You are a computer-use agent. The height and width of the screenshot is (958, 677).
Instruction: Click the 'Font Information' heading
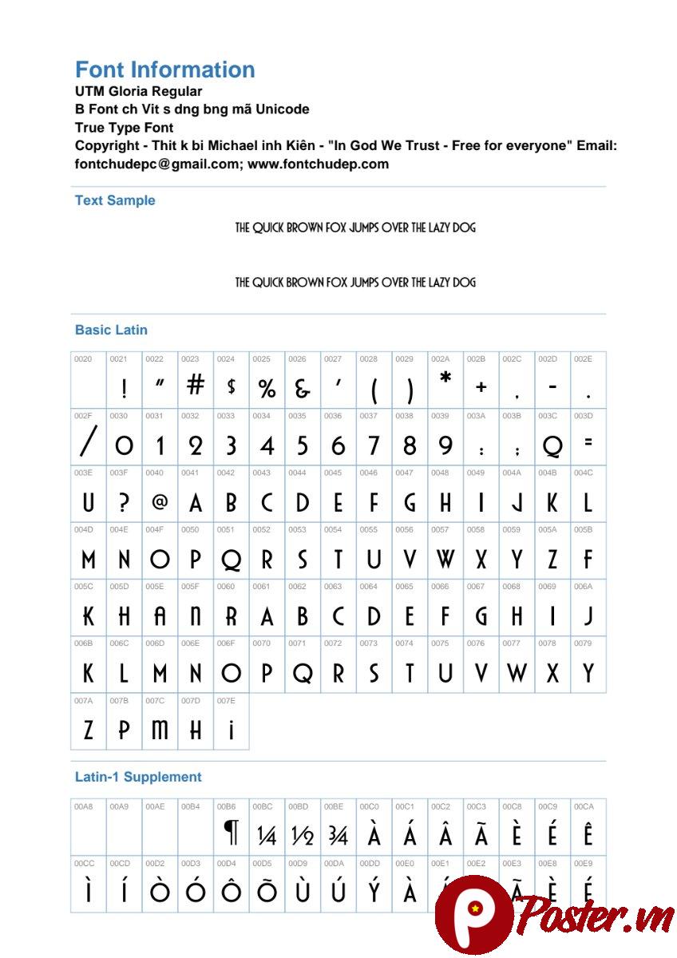coord(164,70)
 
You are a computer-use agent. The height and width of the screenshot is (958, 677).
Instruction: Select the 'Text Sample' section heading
coord(115,200)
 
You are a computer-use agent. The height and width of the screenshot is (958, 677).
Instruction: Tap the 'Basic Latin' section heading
coord(111,330)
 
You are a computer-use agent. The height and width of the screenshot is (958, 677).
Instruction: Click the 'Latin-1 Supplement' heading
coord(138,777)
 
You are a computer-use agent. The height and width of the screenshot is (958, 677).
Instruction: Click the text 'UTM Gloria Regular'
coord(138,91)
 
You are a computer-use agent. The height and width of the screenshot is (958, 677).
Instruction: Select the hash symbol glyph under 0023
coord(196,386)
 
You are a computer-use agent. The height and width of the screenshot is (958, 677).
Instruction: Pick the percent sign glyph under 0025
coord(267,388)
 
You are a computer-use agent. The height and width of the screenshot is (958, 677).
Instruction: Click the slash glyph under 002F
coord(89,442)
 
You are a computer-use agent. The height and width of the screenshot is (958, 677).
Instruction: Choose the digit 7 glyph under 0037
coord(374,445)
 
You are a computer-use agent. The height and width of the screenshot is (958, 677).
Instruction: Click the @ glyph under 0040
coord(160,501)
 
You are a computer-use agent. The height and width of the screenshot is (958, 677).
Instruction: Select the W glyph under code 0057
coord(445,559)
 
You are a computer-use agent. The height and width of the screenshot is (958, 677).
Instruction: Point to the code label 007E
coord(226,700)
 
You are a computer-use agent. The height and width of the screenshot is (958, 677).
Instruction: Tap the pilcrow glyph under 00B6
coord(231,834)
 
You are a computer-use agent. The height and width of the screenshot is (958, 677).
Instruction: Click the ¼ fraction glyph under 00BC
coord(267,835)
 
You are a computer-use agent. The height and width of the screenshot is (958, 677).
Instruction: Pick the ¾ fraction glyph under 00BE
coord(338,835)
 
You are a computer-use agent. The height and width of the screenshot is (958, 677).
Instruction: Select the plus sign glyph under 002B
coord(481,387)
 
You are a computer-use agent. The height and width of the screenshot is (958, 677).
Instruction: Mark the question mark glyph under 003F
coord(124,503)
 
